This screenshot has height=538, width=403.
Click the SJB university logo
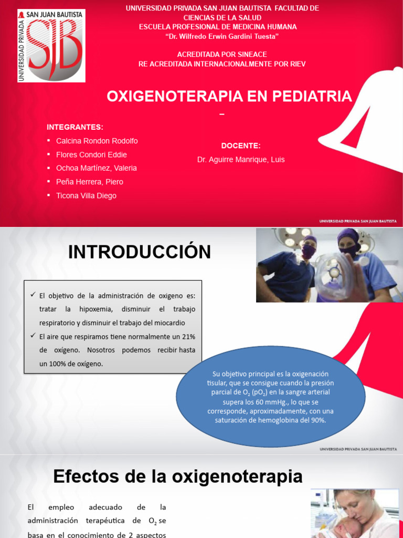(x=51, y=45)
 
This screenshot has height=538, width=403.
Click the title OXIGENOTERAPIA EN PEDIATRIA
(x=229, y=96)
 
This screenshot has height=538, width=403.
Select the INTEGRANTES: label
(x=75, y=127)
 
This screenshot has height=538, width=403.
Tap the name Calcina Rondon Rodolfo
(x=97, y=141)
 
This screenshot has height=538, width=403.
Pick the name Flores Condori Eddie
(x=91, y=154)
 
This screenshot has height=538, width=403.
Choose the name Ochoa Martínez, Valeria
(x=96, y=168)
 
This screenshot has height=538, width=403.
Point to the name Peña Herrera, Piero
(x=90, y=182)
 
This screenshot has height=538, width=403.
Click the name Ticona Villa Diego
(x=86, y=195)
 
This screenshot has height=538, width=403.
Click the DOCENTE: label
(x=241, y=146)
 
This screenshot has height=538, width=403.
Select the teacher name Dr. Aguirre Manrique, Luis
(x=241, y=159)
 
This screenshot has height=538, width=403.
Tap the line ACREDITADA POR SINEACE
(x=222, y=55)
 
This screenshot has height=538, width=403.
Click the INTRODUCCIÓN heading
(x=140, y=252)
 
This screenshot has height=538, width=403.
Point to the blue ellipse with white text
(x=270, y=396)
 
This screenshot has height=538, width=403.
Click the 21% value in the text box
(x=188, y=336)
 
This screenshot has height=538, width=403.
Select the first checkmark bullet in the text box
(x=34, y=296)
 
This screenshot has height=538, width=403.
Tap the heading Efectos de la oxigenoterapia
(x=178, y=477)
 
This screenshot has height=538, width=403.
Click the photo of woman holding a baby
(x=356, y=513)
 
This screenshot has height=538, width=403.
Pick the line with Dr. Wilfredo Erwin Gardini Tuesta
(x=222, y=36)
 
